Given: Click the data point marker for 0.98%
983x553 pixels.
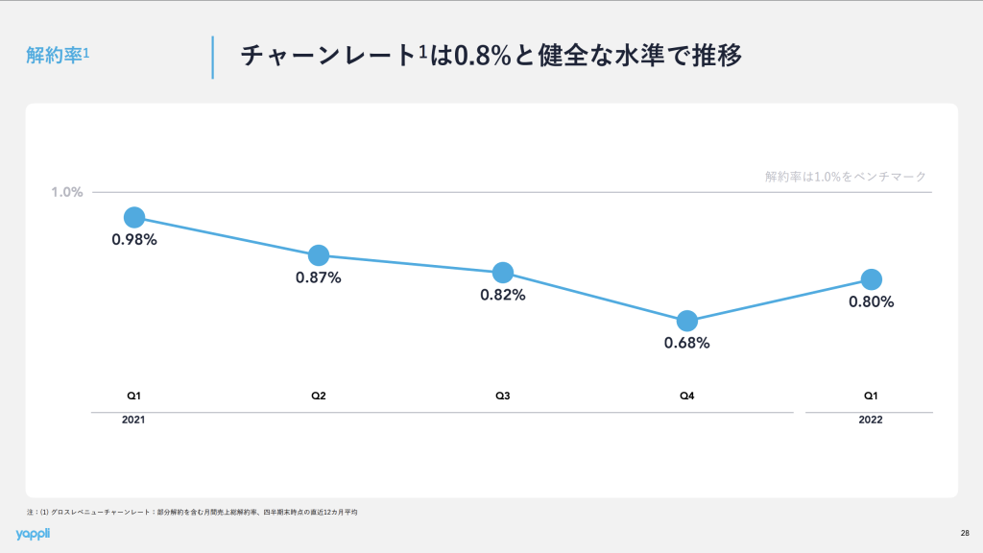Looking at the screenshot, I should (x=134, y=217).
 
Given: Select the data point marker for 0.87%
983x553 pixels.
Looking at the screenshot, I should (x=319, y=255).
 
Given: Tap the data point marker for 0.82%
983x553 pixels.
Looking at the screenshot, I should (x=503, y=273).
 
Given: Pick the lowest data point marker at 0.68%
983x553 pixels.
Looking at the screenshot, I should (x=687, y=321).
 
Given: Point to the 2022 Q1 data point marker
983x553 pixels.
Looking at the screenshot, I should (x=872, y=279).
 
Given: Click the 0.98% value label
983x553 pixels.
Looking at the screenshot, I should (x=134, y=240).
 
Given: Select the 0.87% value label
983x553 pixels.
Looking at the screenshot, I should (x=319, y=277).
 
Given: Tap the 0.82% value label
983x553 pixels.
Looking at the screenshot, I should (x=503, y=295).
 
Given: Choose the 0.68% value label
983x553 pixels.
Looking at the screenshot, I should (x=687, y=343).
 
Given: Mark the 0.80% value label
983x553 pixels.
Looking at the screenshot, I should (x=872, y=301).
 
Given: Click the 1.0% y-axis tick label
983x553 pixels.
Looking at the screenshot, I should (x=67, y=192).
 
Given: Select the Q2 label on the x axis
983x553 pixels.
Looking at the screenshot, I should (x=319, y=396).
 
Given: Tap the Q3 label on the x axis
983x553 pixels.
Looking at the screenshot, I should (x=503, y=396).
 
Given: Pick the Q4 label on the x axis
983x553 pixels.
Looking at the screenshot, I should (x=687, y=396).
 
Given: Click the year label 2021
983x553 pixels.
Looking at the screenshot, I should (x=134, y=421).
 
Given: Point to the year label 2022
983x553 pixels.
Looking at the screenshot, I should (x=871, y=421).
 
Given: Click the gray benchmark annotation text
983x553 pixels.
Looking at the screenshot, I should (x=845, y=177).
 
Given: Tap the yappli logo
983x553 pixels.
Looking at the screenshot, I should (x=36, y=534).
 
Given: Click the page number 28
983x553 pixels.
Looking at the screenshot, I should (x=964, y=533).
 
